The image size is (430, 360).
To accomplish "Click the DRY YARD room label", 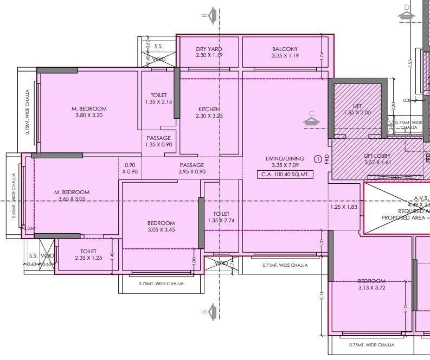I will (209, 52).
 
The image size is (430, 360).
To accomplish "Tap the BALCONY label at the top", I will (285, 52).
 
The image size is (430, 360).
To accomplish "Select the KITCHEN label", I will (209, 112).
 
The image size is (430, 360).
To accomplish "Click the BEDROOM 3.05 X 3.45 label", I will (161, 227).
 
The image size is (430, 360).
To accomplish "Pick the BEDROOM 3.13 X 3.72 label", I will (371, 285).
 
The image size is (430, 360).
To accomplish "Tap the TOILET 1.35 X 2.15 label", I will (159, 98).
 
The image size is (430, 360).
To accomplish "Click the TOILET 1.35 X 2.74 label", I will (221, 217).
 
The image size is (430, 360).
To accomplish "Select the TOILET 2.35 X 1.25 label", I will (88, 255).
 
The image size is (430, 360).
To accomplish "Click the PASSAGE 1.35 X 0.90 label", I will (159, 142).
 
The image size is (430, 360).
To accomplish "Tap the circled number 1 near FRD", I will (318, 159).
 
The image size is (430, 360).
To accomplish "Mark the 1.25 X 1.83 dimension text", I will (344, 207).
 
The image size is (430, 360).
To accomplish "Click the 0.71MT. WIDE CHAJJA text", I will (285, 265).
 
